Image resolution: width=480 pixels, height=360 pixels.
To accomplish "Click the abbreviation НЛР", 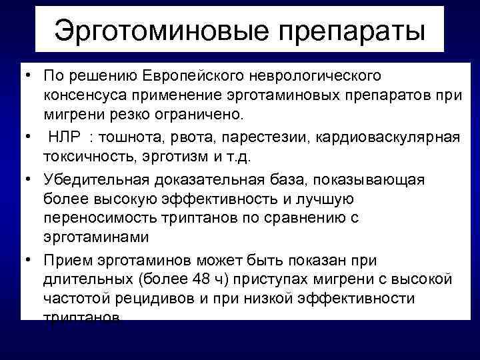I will tap(65, 137).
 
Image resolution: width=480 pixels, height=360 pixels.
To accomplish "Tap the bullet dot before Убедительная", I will tap(31, 179).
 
